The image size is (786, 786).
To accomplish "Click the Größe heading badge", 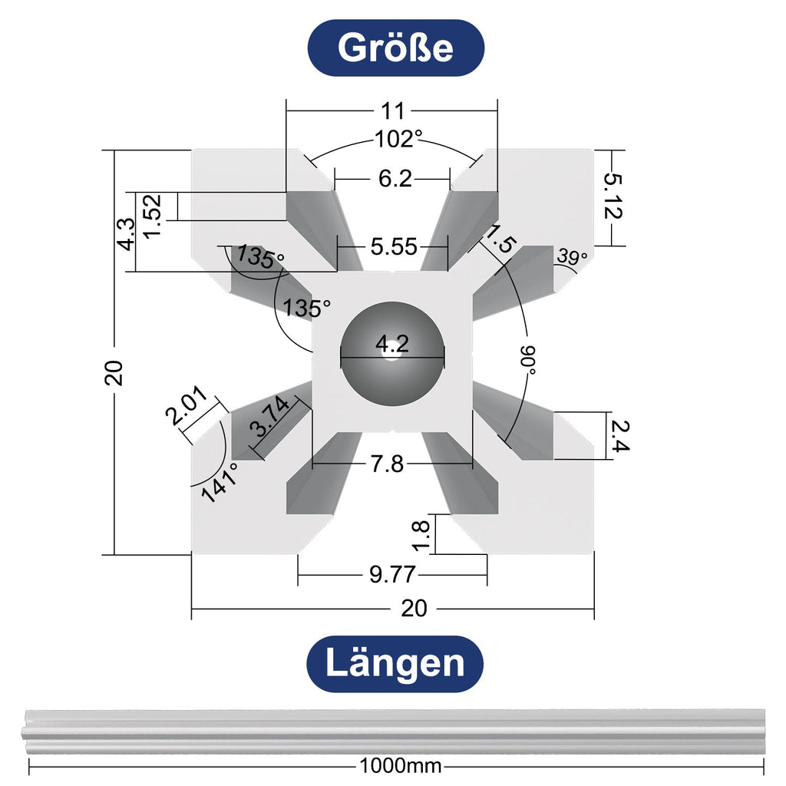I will click(x=395, y=48).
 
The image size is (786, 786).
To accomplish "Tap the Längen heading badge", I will click(x=395, y=663).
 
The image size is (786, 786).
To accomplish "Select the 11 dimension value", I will click(x=392, y=111).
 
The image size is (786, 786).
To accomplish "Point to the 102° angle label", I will click(x=398, y=140).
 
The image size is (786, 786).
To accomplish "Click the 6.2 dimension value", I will click(x=395, y=179).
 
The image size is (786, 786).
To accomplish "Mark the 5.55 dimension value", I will click(x=393, y=247).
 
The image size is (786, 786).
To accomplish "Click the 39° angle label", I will click(x=572, y=258).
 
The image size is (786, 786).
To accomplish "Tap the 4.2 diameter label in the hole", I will click(x=392, y=345).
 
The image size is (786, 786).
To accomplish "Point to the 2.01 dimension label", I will click(x=185, y=408).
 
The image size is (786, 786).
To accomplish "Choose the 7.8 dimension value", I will click(x=387, y=464).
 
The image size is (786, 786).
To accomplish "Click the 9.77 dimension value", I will click(x=392, y=574).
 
